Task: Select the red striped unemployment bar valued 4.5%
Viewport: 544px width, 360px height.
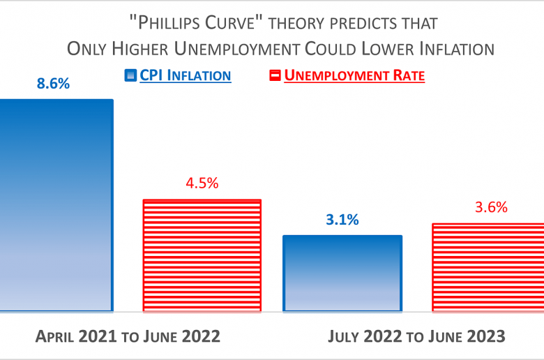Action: (202, 255)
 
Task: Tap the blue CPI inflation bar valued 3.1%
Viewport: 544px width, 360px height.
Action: (342, 273)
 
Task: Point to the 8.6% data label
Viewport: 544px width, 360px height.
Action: (53, 84)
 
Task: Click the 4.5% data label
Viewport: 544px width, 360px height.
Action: (202, 183)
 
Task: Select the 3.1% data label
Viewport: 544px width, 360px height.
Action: (342, 220)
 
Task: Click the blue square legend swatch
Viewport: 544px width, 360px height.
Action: (130, 75)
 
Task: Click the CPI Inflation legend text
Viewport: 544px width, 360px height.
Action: (185, 75)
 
